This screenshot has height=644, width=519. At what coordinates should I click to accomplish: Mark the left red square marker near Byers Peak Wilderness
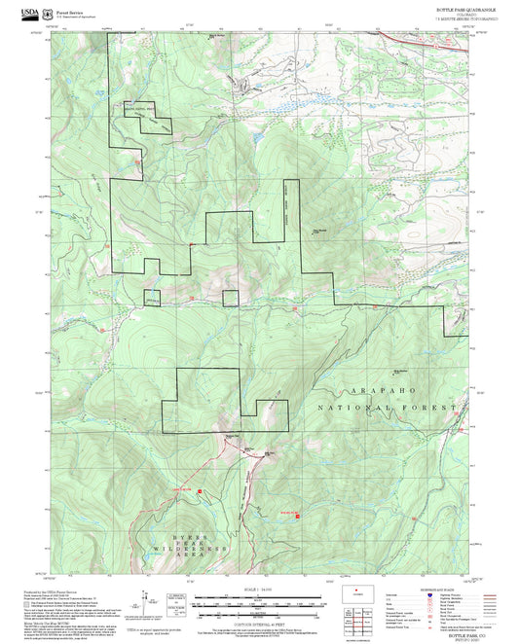click(x=200, y=491)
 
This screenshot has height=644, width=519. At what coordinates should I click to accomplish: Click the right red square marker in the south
click(x=297, y=516)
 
